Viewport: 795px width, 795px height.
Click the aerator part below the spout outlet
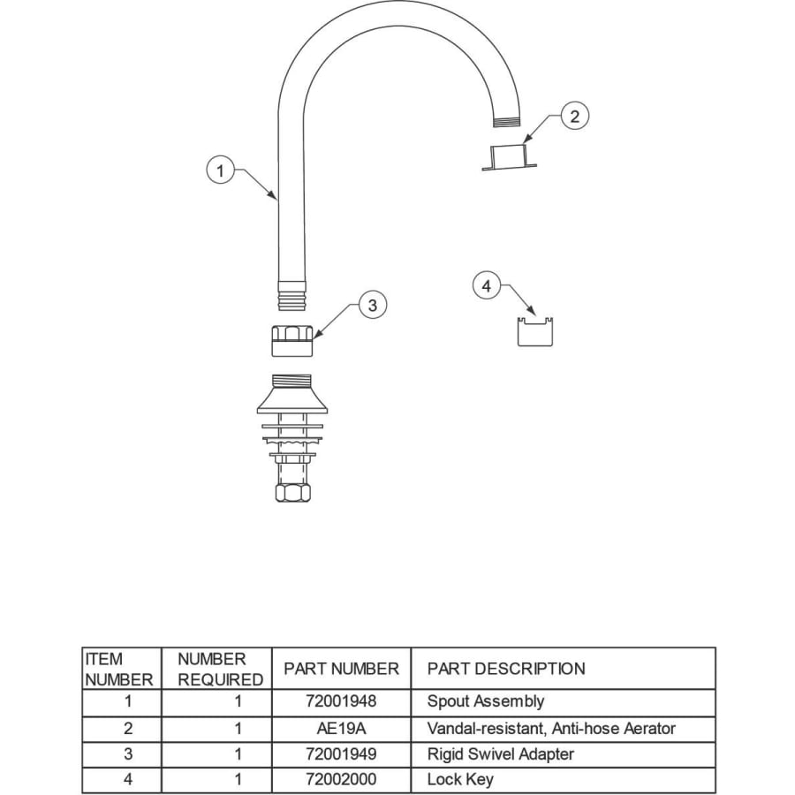509,157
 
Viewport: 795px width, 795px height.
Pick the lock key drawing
535,332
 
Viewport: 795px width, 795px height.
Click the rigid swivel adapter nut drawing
292,341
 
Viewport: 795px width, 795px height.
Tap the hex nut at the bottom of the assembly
293,493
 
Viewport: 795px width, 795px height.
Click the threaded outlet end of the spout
506,122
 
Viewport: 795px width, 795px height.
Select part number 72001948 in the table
341,701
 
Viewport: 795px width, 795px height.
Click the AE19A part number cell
341,729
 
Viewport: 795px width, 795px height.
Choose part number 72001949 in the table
341,754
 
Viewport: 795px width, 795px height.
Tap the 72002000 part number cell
341,779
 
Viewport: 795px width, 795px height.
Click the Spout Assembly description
486,701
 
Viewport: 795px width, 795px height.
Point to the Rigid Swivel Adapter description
501,754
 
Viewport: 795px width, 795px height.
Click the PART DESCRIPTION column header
506,669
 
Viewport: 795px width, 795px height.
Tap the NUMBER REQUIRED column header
220,670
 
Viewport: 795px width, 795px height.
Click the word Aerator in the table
649,729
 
